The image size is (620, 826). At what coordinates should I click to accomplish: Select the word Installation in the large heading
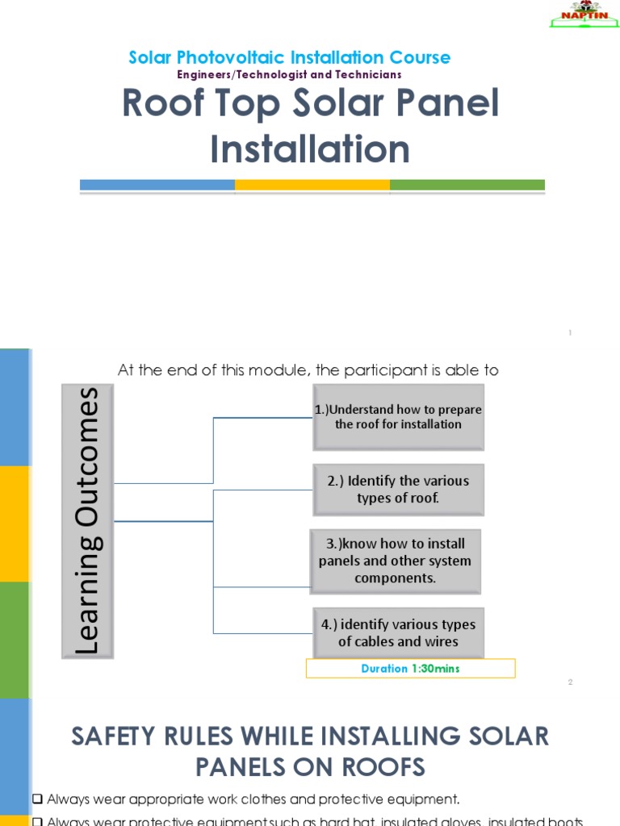[310, 149]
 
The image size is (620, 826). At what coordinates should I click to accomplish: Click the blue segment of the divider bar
[157, 185]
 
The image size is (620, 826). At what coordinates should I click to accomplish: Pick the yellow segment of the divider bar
[312, 185]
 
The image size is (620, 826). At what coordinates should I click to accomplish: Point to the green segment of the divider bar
[467, 185]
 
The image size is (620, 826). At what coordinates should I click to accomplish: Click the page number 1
[570, 332]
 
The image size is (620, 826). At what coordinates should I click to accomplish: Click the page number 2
[570, 682]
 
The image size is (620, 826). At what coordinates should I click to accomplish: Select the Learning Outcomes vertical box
[88, 520]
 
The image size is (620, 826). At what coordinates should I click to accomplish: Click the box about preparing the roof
[398, 417]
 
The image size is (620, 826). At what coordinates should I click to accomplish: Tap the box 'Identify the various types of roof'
[398, 489]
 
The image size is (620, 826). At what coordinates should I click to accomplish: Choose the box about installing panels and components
[395, 561]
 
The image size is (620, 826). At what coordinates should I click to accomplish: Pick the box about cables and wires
[398, 632]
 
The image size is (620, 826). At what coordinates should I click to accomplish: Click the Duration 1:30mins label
[410, 668]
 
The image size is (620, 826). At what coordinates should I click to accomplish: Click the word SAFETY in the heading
[122, 736]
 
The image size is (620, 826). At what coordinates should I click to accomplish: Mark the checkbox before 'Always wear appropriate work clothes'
[37, 799]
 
